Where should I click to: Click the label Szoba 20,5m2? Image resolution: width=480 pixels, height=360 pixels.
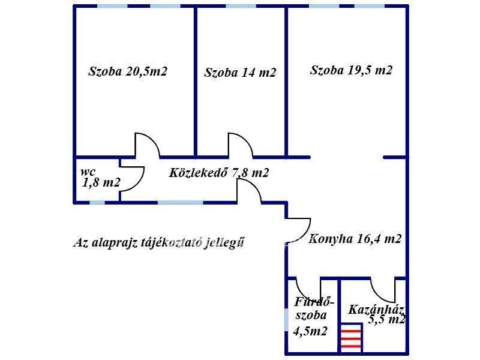pos(127,71)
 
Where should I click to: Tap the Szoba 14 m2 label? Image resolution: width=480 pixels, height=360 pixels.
pos(240,73)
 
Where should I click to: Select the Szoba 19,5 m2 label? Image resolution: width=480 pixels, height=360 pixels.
pos(351,70)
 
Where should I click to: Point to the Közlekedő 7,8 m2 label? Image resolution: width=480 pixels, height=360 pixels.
pos(218,173)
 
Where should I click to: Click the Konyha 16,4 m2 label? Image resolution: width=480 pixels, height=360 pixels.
pos(355,239)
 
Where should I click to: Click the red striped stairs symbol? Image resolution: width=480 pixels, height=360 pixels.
pos(351,338)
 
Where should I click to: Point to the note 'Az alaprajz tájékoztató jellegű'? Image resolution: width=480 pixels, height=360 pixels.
pos(159,243)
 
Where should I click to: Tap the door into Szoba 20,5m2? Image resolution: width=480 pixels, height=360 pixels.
pos(146,145)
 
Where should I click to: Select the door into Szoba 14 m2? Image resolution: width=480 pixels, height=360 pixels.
pos(240,145)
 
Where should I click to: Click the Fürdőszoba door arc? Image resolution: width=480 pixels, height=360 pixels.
pos(308,290)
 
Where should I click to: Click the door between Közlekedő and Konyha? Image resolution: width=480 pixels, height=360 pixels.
pos(249,191)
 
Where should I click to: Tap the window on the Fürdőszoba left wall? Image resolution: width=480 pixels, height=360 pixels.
pos(286,319)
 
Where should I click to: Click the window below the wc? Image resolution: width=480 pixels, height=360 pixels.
pos(97,203)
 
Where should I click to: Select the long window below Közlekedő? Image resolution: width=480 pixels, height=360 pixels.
pos(180,203)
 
